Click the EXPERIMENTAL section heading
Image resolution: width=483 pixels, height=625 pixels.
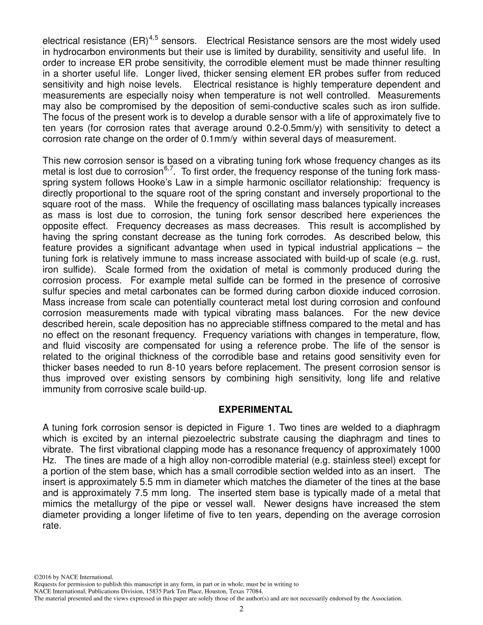tap(255, 410)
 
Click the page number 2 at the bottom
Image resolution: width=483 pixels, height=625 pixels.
tap(242, 609)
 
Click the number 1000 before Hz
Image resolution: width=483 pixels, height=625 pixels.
tap(430, 449)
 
